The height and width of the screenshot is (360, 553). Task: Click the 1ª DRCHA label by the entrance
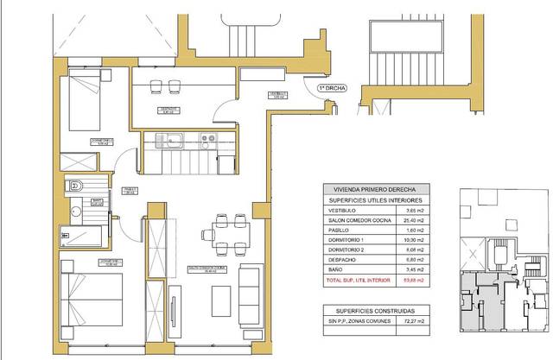[x=333, y=87]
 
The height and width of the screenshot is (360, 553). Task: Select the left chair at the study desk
[x=157, y=85]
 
